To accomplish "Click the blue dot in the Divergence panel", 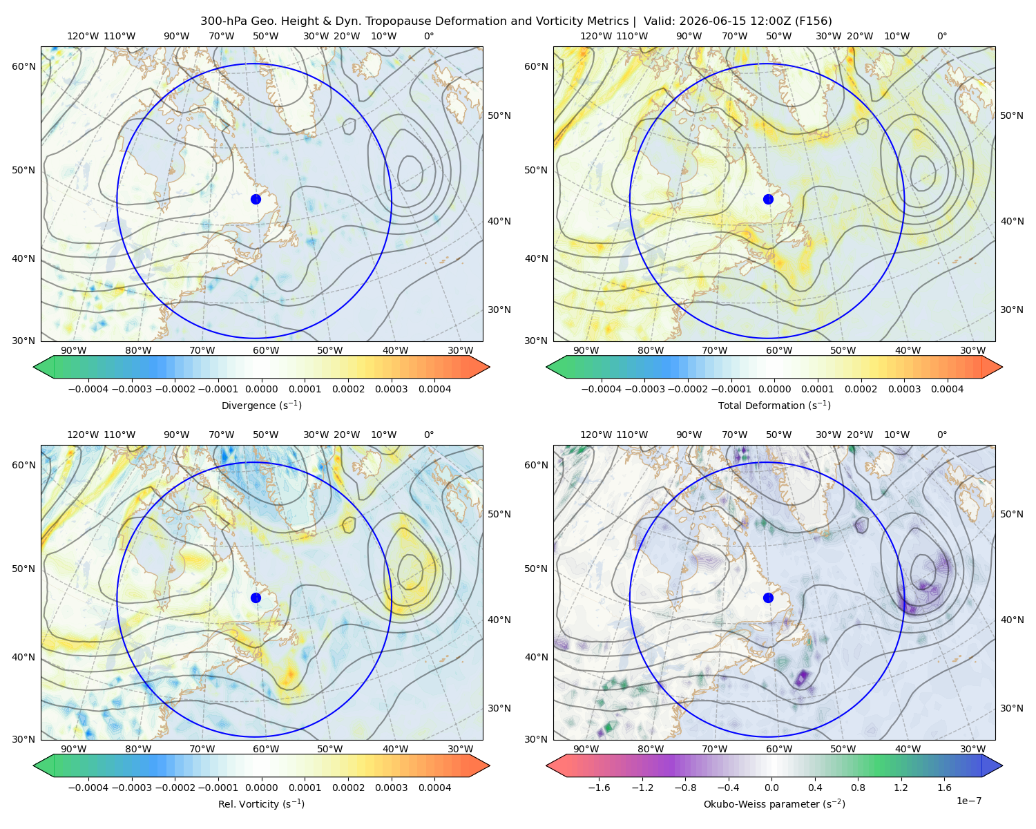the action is coord(256,199).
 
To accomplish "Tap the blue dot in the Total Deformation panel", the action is coord(768,199).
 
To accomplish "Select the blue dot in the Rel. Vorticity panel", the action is coord(256,598).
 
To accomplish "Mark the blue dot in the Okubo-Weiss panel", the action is coord(768,598).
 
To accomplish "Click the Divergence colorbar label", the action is coord(261,405).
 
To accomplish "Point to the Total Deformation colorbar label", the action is coord(774,405).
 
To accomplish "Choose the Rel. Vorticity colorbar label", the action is coord(261,803).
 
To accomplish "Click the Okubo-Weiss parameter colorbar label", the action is coord(774,804).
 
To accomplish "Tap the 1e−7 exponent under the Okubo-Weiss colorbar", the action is coord(968,801).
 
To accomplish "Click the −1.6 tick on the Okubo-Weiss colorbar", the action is coord(599,788).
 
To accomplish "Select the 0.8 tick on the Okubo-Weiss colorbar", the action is coord(858,788).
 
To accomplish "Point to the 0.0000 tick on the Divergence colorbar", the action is coord(261,389).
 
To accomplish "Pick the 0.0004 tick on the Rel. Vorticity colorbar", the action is coord(434,788).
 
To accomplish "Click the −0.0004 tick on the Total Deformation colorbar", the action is coord(602,389).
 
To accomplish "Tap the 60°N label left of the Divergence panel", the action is coord(23,66).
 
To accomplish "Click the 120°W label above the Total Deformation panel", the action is coord(595,36).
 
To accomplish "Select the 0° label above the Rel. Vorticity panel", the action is coord(429,435).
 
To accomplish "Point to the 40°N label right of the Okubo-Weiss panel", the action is coord(1012,620).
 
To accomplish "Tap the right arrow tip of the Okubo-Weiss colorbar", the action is coord(1002,765).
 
